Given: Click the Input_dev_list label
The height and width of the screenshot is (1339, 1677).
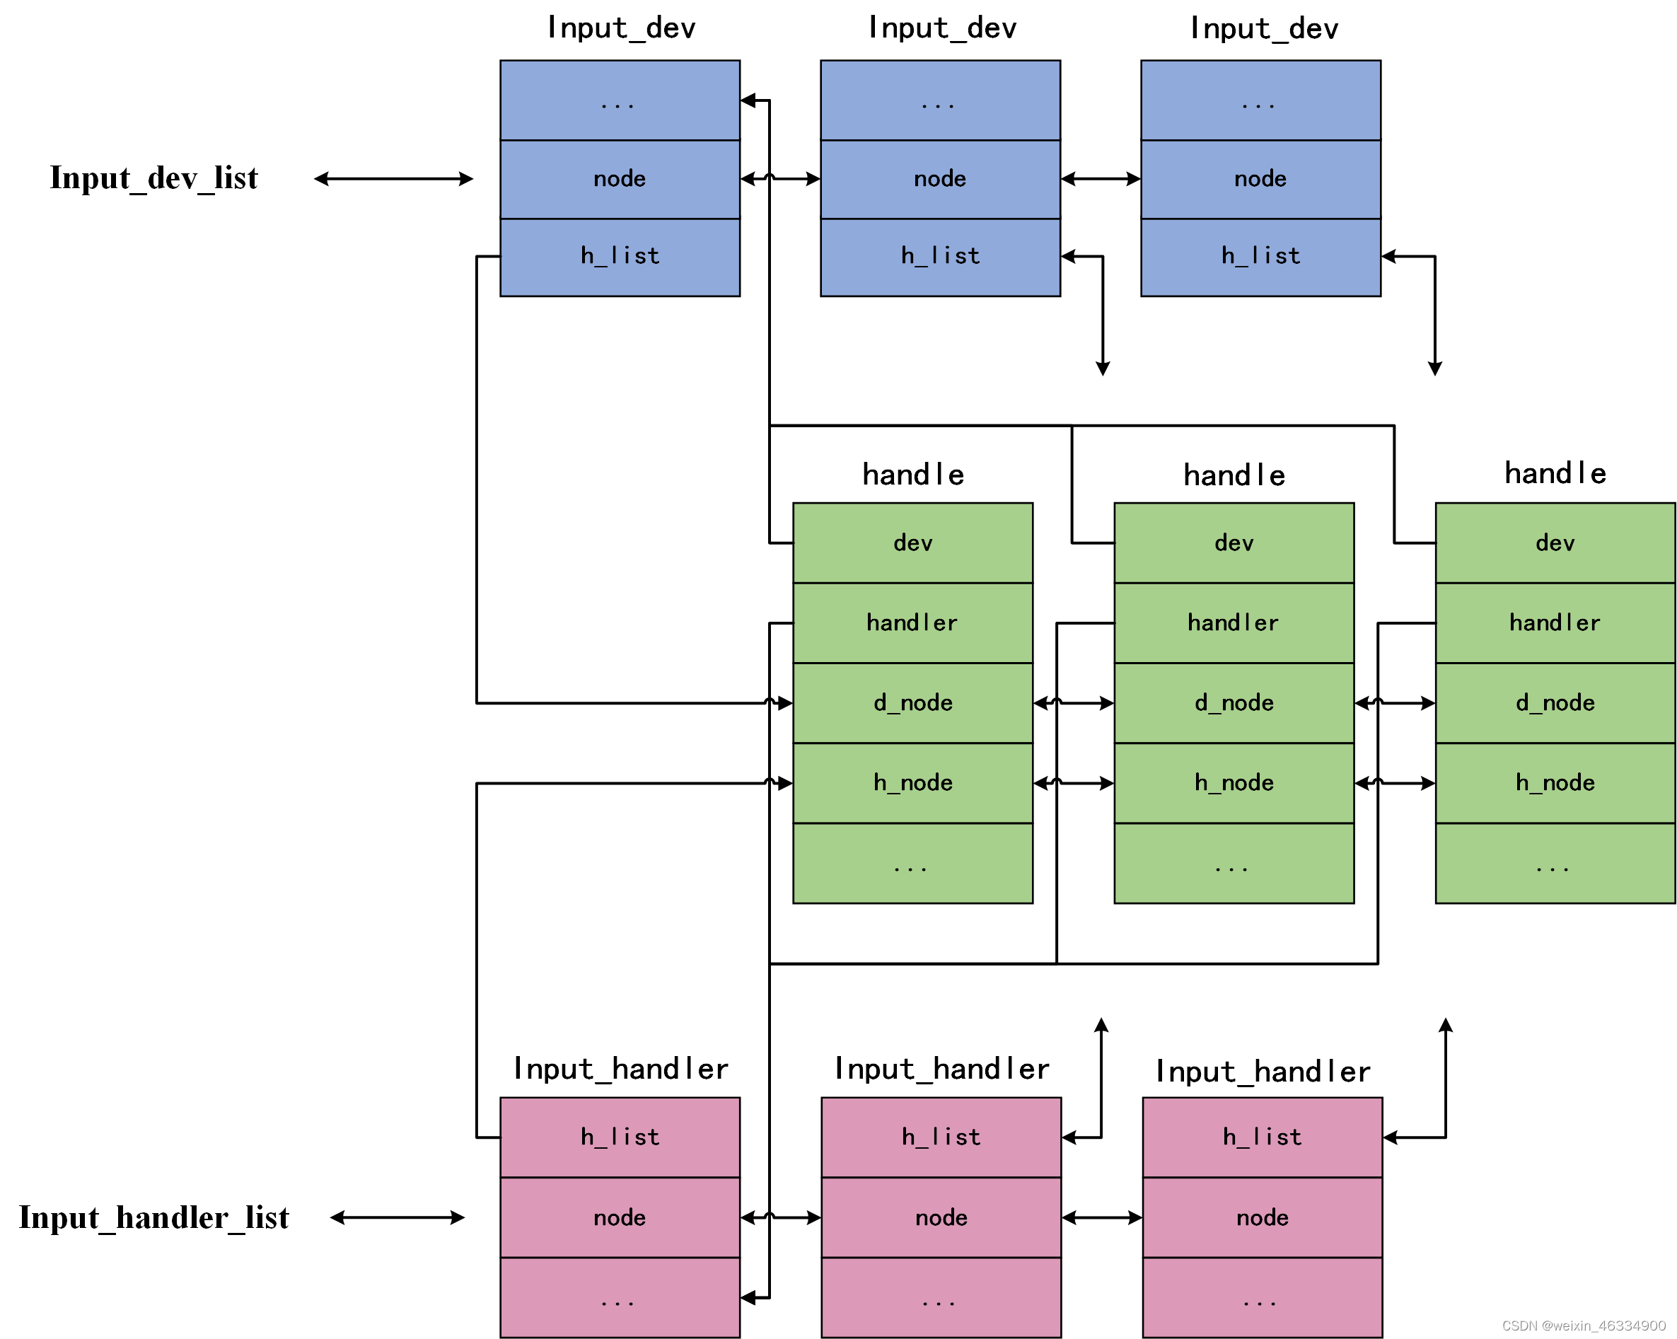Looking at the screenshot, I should [x=153, y=178].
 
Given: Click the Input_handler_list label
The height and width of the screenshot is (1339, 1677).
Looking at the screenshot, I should [x=153, y=1217].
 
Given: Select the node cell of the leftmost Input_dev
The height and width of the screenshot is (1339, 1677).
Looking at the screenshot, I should [x=619, y=179].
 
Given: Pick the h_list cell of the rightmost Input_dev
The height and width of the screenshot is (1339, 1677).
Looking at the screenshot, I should [x=1260, y=256].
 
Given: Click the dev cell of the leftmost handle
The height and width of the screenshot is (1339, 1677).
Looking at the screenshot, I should [x=912, y=543].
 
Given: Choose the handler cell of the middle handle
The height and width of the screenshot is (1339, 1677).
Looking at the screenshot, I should [x=1233, y=622].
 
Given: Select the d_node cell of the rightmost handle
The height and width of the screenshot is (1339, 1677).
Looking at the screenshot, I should [x=1554, y=702].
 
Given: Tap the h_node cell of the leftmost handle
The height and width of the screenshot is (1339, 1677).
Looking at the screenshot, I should [x=912, y=783].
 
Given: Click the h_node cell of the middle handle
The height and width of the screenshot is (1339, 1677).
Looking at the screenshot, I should [x=1233, y=783].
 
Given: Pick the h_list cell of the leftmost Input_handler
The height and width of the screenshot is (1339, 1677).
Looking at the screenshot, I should [x=619, y=1137].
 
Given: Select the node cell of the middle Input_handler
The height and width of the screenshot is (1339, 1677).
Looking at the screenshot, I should [x=941, y=1217].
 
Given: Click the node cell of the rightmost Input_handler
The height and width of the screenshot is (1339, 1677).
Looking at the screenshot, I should [x=1262, y=1217].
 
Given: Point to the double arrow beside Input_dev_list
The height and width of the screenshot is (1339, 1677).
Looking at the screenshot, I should [x=393, y=179].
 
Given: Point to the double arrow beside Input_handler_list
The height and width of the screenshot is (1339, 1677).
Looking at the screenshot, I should [x=397, y=1217].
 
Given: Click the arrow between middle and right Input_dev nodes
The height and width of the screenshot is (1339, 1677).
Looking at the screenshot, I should [x=1100, y=179].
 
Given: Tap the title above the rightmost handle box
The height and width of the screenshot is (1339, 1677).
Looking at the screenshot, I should [x=1554, y=473].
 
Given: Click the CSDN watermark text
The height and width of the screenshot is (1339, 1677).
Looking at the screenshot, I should [x=1583, y=1326].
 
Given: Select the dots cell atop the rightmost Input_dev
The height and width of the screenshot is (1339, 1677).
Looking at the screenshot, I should [x=1260, y=101].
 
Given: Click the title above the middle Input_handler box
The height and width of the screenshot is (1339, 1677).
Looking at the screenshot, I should [x=941, y=1069].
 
